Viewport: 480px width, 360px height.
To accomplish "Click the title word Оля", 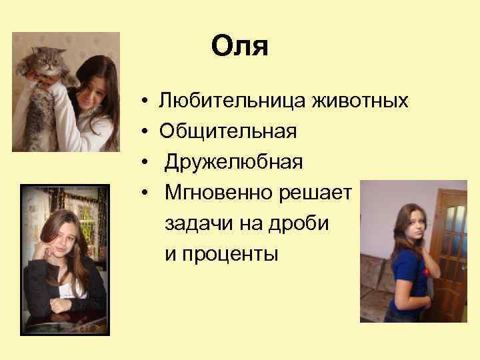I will tap(239, 47).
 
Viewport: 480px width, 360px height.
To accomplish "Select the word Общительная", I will tap(227, 131).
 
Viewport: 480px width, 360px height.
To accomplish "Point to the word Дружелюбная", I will tap(234, 161).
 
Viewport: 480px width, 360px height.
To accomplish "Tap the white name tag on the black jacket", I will tap(69, 291).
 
